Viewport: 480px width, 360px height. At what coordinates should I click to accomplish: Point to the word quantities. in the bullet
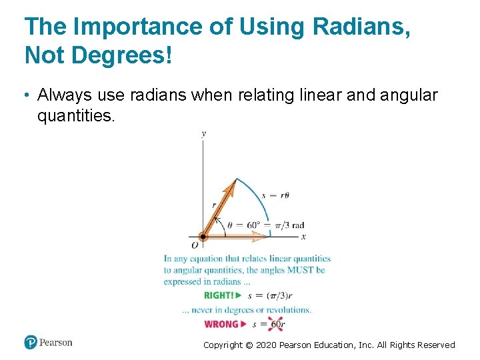coord(76,117)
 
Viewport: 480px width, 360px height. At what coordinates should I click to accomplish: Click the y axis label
coord(203,134)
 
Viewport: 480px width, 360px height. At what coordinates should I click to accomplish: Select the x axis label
coord(303,236)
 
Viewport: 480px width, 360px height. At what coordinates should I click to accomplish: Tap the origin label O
coord(195,245)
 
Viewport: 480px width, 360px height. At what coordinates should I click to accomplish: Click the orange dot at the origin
coord(203,236)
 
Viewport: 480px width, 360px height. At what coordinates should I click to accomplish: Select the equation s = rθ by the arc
coord(275,195)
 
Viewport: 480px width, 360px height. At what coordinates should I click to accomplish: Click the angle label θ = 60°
coord(243,225)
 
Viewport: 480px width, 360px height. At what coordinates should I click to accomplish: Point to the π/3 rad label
coord(289,225)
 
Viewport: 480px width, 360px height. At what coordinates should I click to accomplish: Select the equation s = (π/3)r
coord(270,295)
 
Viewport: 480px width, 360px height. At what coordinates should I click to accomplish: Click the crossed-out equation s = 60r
coord(269,325)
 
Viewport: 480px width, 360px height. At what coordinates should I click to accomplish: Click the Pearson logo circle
coord(30,343)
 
